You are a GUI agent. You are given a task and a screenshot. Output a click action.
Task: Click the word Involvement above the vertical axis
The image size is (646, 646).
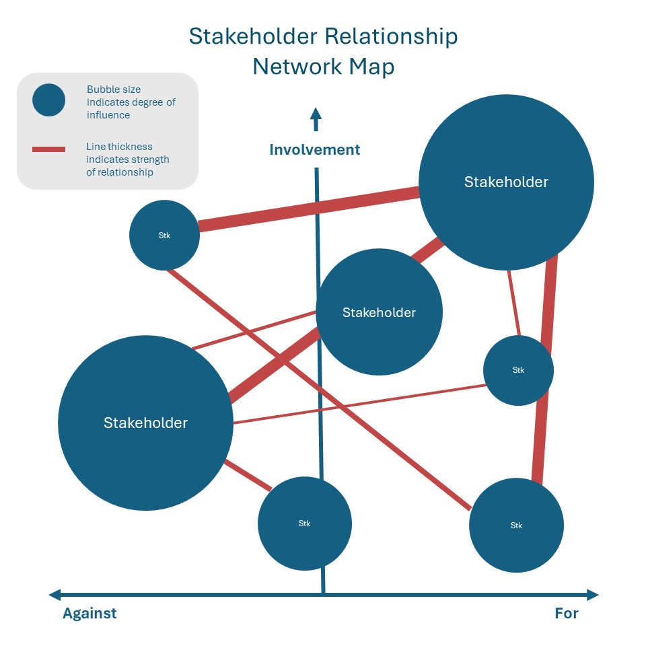point(314,149)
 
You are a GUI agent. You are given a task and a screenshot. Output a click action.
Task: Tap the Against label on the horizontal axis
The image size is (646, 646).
point(89,613)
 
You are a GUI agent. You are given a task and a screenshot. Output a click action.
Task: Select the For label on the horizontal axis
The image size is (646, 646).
point(567,613)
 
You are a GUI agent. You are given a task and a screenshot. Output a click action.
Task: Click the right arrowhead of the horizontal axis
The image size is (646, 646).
point(592,595)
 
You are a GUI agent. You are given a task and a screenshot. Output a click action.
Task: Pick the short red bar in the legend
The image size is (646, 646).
point(48,149)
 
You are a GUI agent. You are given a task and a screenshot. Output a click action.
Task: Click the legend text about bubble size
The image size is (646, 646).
point(131,102)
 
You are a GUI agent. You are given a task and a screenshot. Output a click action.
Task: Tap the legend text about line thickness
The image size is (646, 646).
point(127,159)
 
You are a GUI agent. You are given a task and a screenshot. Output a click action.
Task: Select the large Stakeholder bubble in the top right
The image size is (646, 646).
point(506,182)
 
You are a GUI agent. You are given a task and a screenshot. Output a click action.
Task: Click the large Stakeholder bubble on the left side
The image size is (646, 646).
point(145,423)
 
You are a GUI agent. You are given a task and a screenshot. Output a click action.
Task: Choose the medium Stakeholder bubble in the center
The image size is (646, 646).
point(379,312)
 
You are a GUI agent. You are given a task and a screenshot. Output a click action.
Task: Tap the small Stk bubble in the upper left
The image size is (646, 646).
point(164,236)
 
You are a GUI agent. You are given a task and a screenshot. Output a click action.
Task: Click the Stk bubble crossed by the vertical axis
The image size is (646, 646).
point(304,523)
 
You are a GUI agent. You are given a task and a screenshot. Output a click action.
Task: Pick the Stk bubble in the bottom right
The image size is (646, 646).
point(516,525)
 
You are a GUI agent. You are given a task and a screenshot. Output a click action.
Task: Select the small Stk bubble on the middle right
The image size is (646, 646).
point(518,370)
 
